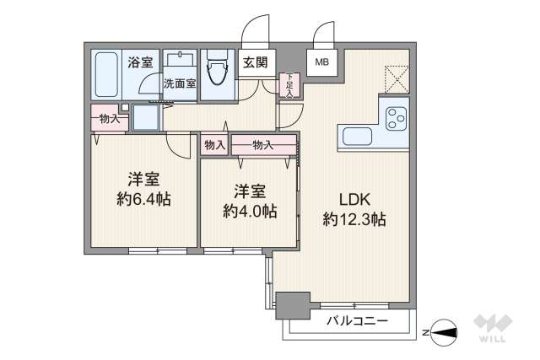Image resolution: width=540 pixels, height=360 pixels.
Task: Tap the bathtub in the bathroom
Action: click(106, 75)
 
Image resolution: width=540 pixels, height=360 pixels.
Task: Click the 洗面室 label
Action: click(179, 83)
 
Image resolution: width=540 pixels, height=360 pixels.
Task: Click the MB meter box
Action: click(322, 62)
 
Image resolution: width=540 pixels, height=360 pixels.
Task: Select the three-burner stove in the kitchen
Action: click(395, 119)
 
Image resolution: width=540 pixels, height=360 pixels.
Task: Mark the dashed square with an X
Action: click(396, 78)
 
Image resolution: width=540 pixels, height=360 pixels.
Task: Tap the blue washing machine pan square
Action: click(146, 116)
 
